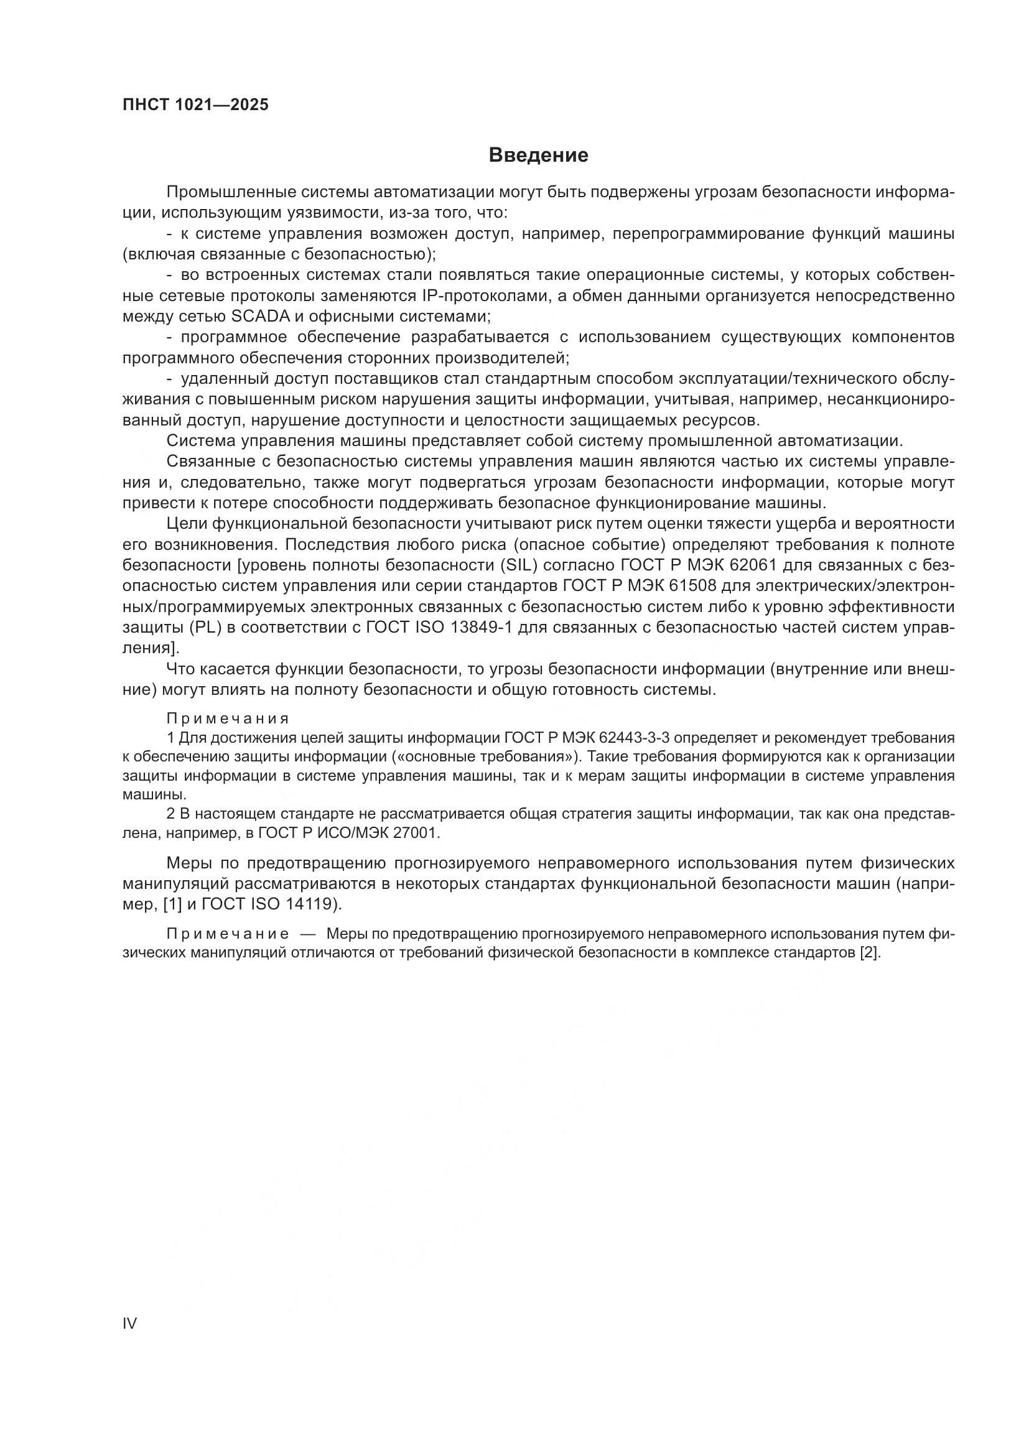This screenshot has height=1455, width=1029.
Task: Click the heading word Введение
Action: point(538,156)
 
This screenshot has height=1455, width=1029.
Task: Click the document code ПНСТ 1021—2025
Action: point(195,105)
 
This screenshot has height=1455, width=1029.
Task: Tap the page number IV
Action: point(129,1324)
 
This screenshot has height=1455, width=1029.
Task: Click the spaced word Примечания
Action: point(228,718)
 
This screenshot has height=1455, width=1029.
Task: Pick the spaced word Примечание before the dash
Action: point(228,934)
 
